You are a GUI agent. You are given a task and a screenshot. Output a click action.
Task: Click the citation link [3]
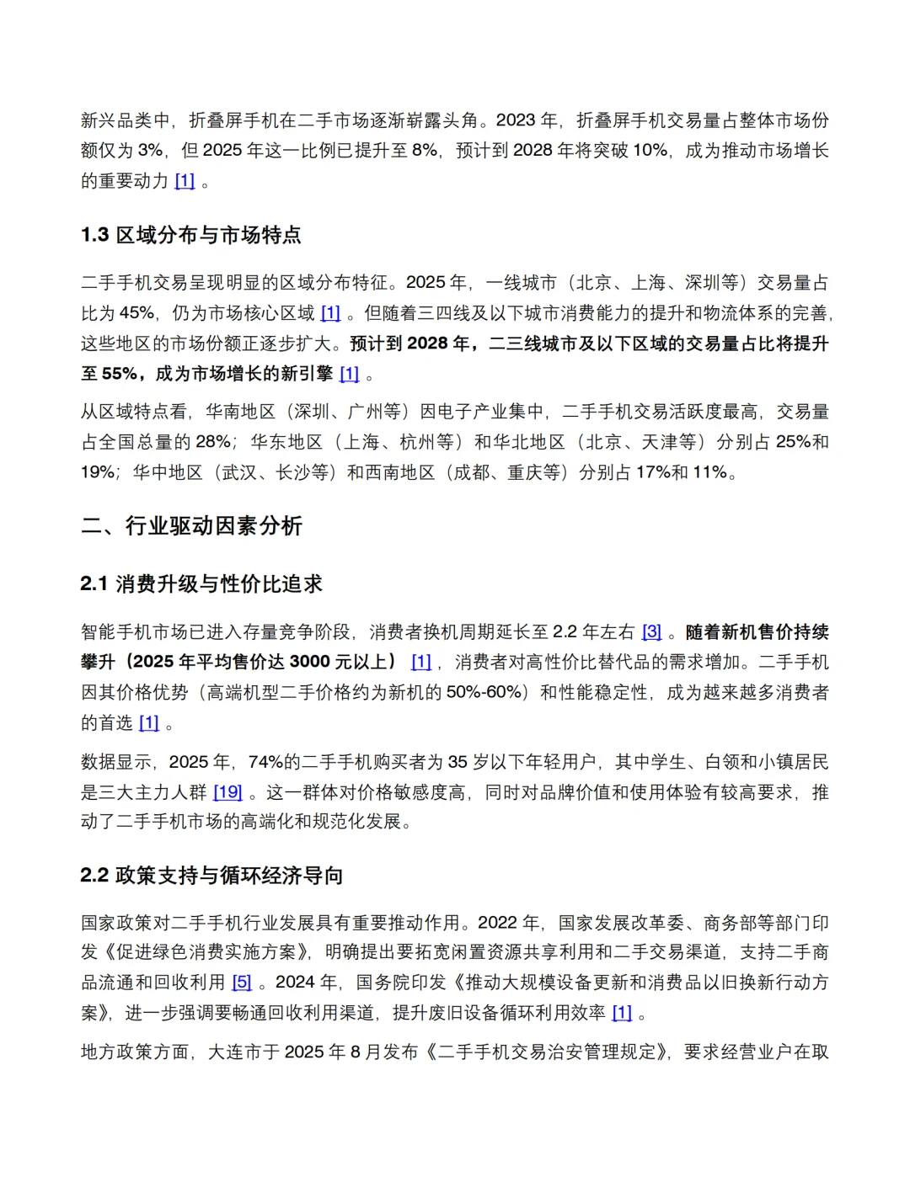(651, 632)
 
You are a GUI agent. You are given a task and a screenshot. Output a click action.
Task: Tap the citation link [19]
(227, 792)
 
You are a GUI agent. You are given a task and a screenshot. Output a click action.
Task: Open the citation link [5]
(242, 983)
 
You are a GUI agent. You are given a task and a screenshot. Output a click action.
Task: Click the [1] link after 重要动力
(185, 181)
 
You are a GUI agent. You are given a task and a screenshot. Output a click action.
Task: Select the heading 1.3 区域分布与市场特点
(190, 235)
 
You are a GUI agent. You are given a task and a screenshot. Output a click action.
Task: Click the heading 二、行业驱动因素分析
(191, 526)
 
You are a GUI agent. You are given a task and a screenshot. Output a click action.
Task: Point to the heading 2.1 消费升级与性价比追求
(201, 584)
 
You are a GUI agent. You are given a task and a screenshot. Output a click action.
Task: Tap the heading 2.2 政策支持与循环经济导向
(211, 876)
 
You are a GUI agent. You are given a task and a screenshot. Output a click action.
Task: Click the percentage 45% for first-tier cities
(136, 313)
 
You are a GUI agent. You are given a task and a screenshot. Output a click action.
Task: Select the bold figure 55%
(119, 374)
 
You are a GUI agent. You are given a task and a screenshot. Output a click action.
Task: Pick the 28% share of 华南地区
(211, 442)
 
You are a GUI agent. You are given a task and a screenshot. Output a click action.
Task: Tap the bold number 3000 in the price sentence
(309, 663)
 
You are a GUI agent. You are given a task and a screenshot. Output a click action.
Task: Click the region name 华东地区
(286, 442)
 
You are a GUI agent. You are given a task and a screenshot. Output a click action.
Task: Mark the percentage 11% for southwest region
(709, 472)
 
